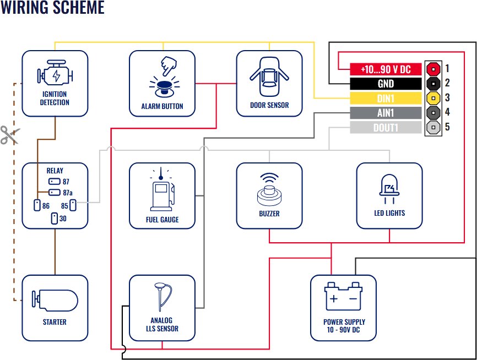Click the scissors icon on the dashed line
[x=9, y=135]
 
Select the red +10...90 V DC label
[x=386, y=69]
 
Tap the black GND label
[x=386, y=84]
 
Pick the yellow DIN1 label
[x=386, y=99]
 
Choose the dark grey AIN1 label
[x=386, y=113]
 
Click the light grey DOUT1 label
[x=386, y=128]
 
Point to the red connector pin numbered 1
[x=434, y=69]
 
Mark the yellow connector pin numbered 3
[x=434, y=99]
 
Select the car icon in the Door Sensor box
[x=269, y=76]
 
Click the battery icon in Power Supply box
[x=344, y=298]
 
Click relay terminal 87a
[x=54, y=193]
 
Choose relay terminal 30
[x=54, y=219]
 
